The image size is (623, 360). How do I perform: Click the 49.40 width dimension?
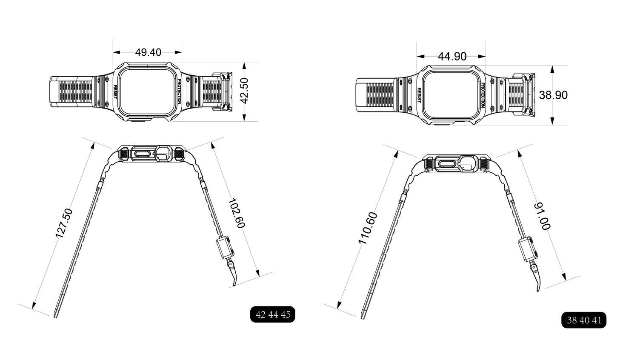tap(148, 52)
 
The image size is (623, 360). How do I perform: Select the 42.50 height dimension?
tap(245, 91)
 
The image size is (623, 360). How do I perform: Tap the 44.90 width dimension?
tap(452, 57)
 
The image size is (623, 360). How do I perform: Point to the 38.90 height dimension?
tap(553, 95)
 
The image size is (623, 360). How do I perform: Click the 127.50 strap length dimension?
tap(64, 223)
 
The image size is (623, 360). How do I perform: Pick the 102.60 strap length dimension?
tap(237, 213)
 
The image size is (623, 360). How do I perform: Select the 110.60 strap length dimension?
tap(368, 228)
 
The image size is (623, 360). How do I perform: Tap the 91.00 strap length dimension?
tap(542, 217)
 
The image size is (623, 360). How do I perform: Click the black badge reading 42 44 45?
tap(272, 314)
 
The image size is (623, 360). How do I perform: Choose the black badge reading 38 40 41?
tap(584, 320)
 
